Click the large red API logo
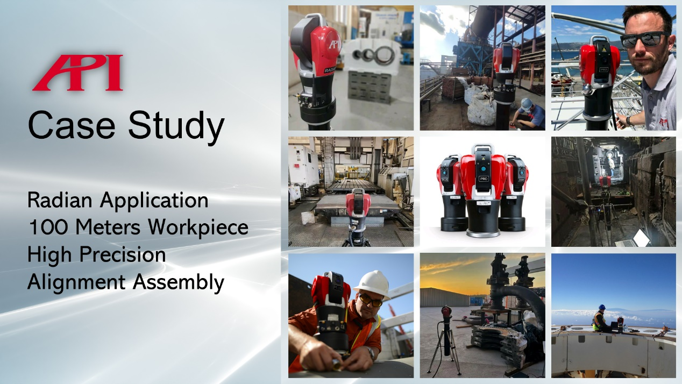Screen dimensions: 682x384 click(x=78, y=73)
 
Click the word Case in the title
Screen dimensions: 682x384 click(x=72, y=125)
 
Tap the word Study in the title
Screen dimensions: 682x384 click(x=176, y=127)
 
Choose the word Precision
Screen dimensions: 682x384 click(x=123, y=254)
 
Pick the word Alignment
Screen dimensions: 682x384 click(x=76, y=282)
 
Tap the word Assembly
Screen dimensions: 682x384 click(x=179, y=283)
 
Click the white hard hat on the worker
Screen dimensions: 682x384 click(x=373, y=284)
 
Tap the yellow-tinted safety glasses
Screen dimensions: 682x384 click(x=370, y=301)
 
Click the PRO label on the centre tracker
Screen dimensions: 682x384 click(x=484, y=179)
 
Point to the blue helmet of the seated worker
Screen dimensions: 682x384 click(x=602, y=307)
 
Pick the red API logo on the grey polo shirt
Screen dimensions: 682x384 click(x=663, y=123)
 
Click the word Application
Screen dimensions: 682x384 click(x=154, y=201)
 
